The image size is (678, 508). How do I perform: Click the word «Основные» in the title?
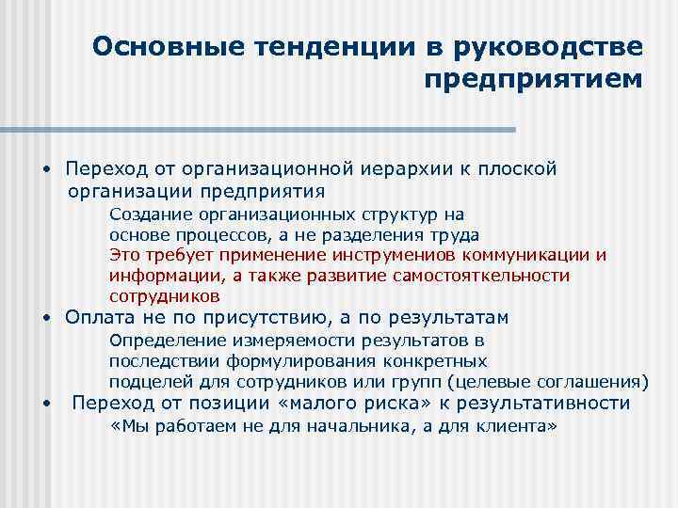155,47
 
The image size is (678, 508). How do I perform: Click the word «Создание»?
147,214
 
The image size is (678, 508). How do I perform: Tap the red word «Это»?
125,255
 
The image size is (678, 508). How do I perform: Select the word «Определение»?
161,341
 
